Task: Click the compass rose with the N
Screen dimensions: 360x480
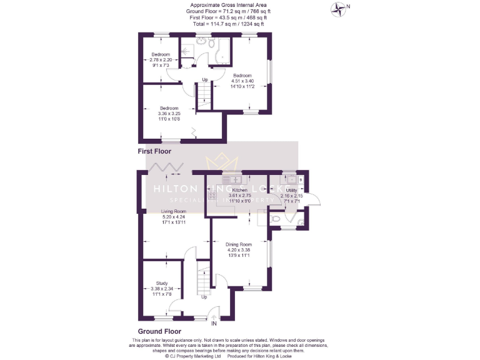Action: click(339, 8)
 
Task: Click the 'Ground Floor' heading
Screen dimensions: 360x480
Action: click(159, 331)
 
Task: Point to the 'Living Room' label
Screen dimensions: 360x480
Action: click(174, 211)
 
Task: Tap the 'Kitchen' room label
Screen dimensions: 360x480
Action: click(240, 190)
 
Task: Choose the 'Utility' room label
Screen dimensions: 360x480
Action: click(291, 190)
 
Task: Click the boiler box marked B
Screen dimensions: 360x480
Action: click(301, 180)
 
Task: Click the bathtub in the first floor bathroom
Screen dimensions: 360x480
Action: click(222, 54)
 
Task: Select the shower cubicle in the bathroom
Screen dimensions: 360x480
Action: click(187, 48)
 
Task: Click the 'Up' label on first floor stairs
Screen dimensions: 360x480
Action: click(204, 79)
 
